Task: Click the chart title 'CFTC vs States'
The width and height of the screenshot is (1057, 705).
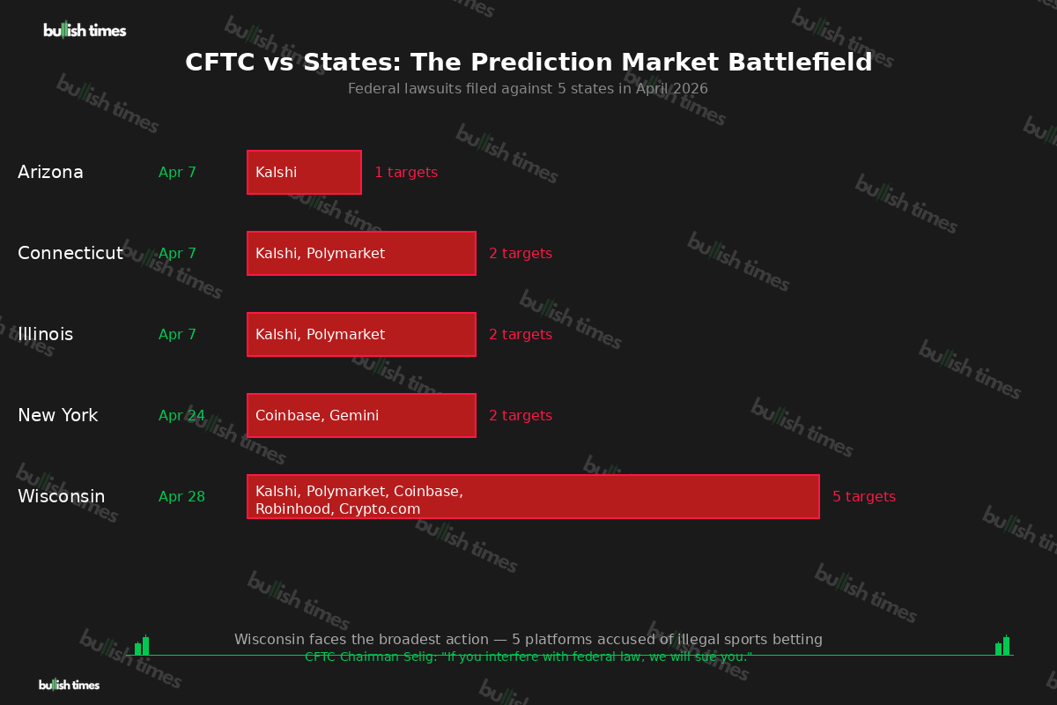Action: (x=528, y=63)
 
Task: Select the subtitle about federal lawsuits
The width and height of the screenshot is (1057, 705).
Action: (x=528, y=89)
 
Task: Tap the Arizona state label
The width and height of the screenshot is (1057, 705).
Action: (x=50, y=173)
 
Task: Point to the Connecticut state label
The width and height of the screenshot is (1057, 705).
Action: (x=70, y=254)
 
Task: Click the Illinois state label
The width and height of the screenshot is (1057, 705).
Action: (x=45, y=335)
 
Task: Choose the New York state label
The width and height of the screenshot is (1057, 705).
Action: (x=57, y=416)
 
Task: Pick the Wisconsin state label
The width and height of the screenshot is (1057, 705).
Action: (x=61, y=497)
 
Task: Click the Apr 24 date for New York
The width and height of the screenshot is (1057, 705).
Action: (x=181, y=416)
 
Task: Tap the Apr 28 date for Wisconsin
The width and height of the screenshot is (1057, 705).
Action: (x=181, y=497)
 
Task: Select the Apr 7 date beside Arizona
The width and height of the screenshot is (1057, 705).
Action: (x=177, y=173)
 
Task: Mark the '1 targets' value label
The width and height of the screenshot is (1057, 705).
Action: (x=406, y=173)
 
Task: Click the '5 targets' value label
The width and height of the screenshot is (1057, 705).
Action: (x=864, y=497)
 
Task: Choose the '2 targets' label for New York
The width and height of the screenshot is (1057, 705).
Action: (x=521, y=416)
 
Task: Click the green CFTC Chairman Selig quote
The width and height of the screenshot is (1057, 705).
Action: (x=528, y=657)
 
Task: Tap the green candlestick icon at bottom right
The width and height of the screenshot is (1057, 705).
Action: (x=1002, y=646)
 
